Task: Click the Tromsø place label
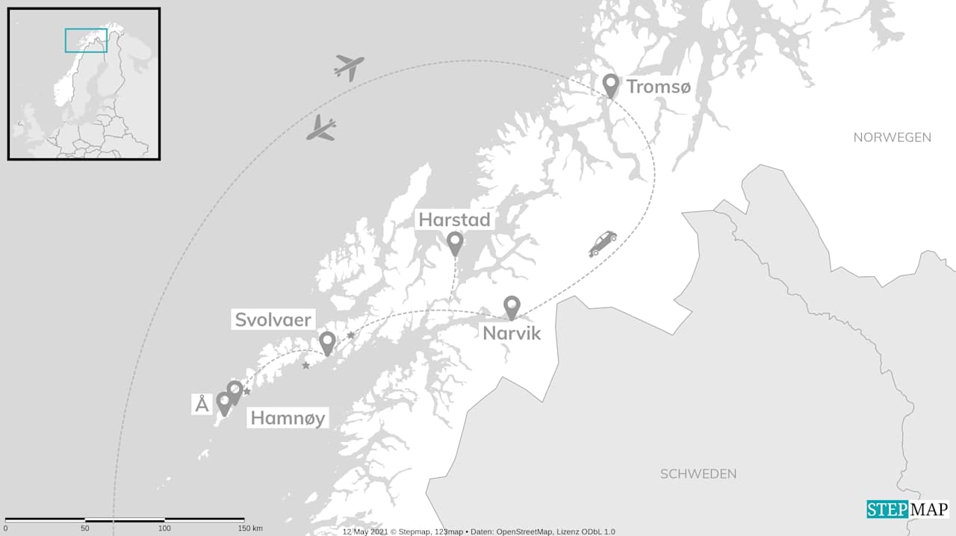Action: point(658,87)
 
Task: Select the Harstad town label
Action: point(454,219)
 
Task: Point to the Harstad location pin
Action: point(455,243)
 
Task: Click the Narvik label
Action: point(511,332)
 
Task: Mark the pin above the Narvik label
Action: point(512,307)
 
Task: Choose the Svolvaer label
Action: point(273,320)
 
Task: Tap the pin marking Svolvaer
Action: point(327,343)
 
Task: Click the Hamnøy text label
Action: point(288,418)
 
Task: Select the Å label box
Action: point(202,405)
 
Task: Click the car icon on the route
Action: point(603,243)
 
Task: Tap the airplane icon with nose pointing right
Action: point(349,67)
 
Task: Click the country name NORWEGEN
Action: point(892,137)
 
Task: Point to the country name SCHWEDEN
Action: point(698,474)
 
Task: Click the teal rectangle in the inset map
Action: point(86,40)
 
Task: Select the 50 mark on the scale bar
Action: point(85,529)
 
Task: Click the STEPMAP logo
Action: point(907,509)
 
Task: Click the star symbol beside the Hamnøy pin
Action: point(246,391)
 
